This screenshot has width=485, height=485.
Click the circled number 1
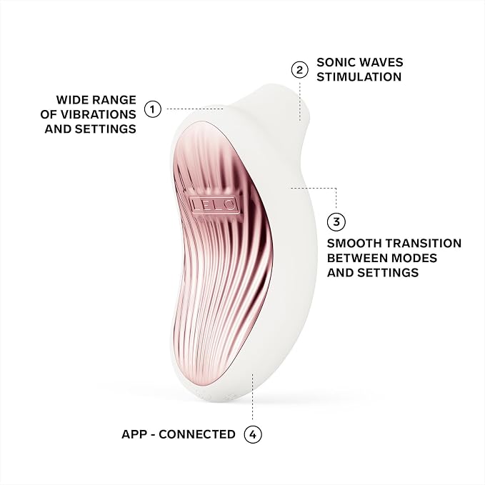click(x=153, y=109)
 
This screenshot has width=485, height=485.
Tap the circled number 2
click(x=299, y=70)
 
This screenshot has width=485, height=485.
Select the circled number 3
click(x=336, y=221)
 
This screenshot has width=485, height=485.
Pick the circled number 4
click(x=253, y=434)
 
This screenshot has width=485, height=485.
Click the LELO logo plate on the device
click(x=214, y=205)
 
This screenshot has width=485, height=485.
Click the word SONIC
click(x=335, y=62)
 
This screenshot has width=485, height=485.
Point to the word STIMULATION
click(x=359, y=77)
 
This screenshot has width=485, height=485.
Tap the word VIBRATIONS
click(x=98, y=114)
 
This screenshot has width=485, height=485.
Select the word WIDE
click(x=71, y=100)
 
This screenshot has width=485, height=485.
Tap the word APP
click(x=134, y=434)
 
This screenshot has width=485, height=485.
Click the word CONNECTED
click(x=197, y=434)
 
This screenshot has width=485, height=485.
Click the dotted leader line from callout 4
click(x=253, y=396)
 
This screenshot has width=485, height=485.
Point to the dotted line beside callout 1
click(x=195, y=109)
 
